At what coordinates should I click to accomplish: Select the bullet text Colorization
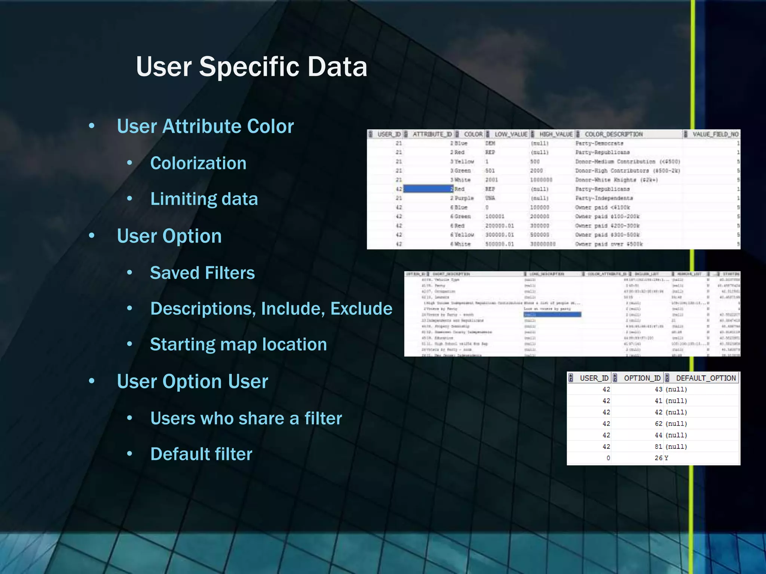[198, 163]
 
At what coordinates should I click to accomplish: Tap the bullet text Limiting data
[204, 199]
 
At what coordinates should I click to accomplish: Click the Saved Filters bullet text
[202, 273]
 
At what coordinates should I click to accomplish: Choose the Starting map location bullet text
[238, 344]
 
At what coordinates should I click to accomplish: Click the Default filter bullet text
[201, 454]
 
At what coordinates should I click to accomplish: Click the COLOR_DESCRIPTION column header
[613, 134]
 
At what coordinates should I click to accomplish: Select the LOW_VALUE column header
[511, 134]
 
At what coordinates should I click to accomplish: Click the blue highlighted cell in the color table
[428, 189]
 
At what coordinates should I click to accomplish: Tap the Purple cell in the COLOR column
[464, 198]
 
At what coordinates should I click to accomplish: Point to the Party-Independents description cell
[604, 198]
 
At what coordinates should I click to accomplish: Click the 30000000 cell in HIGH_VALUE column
[543, 244]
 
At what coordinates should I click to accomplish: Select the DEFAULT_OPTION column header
[705, 378]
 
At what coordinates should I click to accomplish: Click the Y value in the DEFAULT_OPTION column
[666, 458]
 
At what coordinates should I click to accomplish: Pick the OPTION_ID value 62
[658, 424]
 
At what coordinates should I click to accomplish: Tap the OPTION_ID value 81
[658, 447]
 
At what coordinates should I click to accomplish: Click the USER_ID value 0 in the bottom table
[608, 458]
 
